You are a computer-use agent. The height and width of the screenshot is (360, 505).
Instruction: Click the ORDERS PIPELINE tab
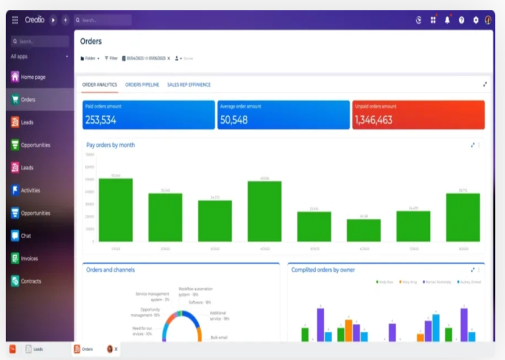pyautogui.click(x=142, y=85)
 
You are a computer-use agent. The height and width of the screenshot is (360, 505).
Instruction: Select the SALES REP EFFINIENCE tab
pyautogui.click(x=189, y=85)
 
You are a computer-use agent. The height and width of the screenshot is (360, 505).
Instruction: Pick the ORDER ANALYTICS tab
pyautogui.click(x=99, y=85)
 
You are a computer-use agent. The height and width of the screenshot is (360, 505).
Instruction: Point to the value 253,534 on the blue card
pyautogui.click(x=101, y=120)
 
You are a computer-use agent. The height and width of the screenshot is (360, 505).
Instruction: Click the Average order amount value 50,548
pyautogui.click(x=234, y=120)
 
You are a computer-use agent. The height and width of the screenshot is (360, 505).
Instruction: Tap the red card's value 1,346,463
pyautogui.click(x=373, y=120)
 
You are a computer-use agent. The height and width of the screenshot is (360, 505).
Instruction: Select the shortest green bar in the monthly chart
pyautogui.click(x=364, y=230)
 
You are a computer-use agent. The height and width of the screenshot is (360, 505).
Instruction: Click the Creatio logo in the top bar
pyautogui.click(x=34, y=20)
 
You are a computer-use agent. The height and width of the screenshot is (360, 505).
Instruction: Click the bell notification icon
pyautogui.click(x=447, y=20)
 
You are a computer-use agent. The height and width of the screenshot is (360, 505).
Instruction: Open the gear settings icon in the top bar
pyautogui.click(x=475, y=20)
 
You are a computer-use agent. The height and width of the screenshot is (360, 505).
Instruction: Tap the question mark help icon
pyautogui.click(x=462, y=20)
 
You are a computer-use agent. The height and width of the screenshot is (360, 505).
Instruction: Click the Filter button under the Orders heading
pyautogui.click(x=111, y=58)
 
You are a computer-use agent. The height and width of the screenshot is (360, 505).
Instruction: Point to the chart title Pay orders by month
pyautogui.click(x=110, y=145)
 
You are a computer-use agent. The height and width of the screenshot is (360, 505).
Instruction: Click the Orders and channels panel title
pyautogui.click(x=110, y=269)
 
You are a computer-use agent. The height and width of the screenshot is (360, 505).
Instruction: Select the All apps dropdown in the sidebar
pyautogui.click(x=39, y=56)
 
